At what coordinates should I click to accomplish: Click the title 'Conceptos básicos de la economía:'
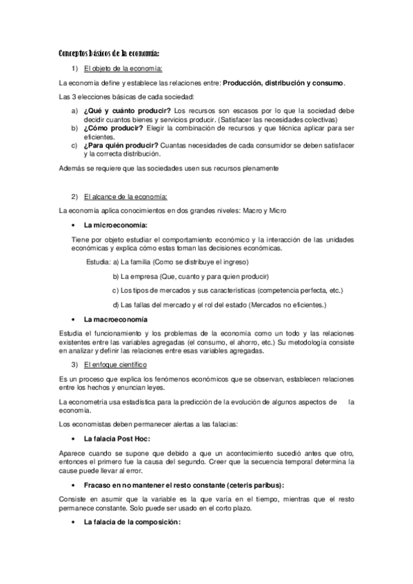[x=109, y=53]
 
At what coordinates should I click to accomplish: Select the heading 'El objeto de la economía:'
[x=123, y=68]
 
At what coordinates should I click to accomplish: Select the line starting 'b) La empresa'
[x=190, y=276]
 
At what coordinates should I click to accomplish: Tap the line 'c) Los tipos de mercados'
[x=228, y=290]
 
